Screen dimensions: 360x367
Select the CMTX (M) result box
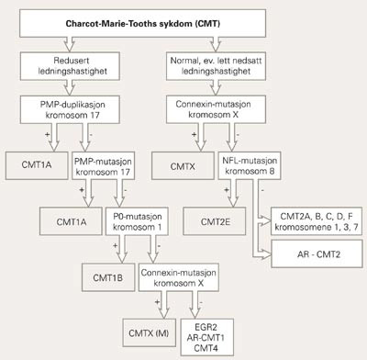(x=155, y=327)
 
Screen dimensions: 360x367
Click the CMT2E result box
(x=210, y=219)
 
